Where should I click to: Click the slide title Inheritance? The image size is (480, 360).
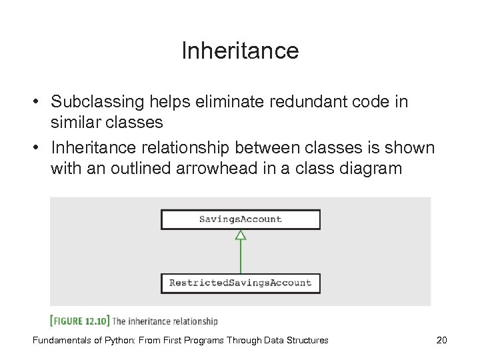(240, 51)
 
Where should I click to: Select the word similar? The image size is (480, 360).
(73, 123)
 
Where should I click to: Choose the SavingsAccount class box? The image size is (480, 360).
(240, 219)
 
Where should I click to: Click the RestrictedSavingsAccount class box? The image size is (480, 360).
(240, 283)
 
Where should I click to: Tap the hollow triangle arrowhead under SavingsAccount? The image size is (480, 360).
(241, 235)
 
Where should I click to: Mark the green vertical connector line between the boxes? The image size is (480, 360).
(241, 257)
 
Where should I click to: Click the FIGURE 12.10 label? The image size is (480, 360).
(80, 321)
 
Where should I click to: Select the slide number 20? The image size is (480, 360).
(441, 340)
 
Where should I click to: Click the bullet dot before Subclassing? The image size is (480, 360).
(41, 103)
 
